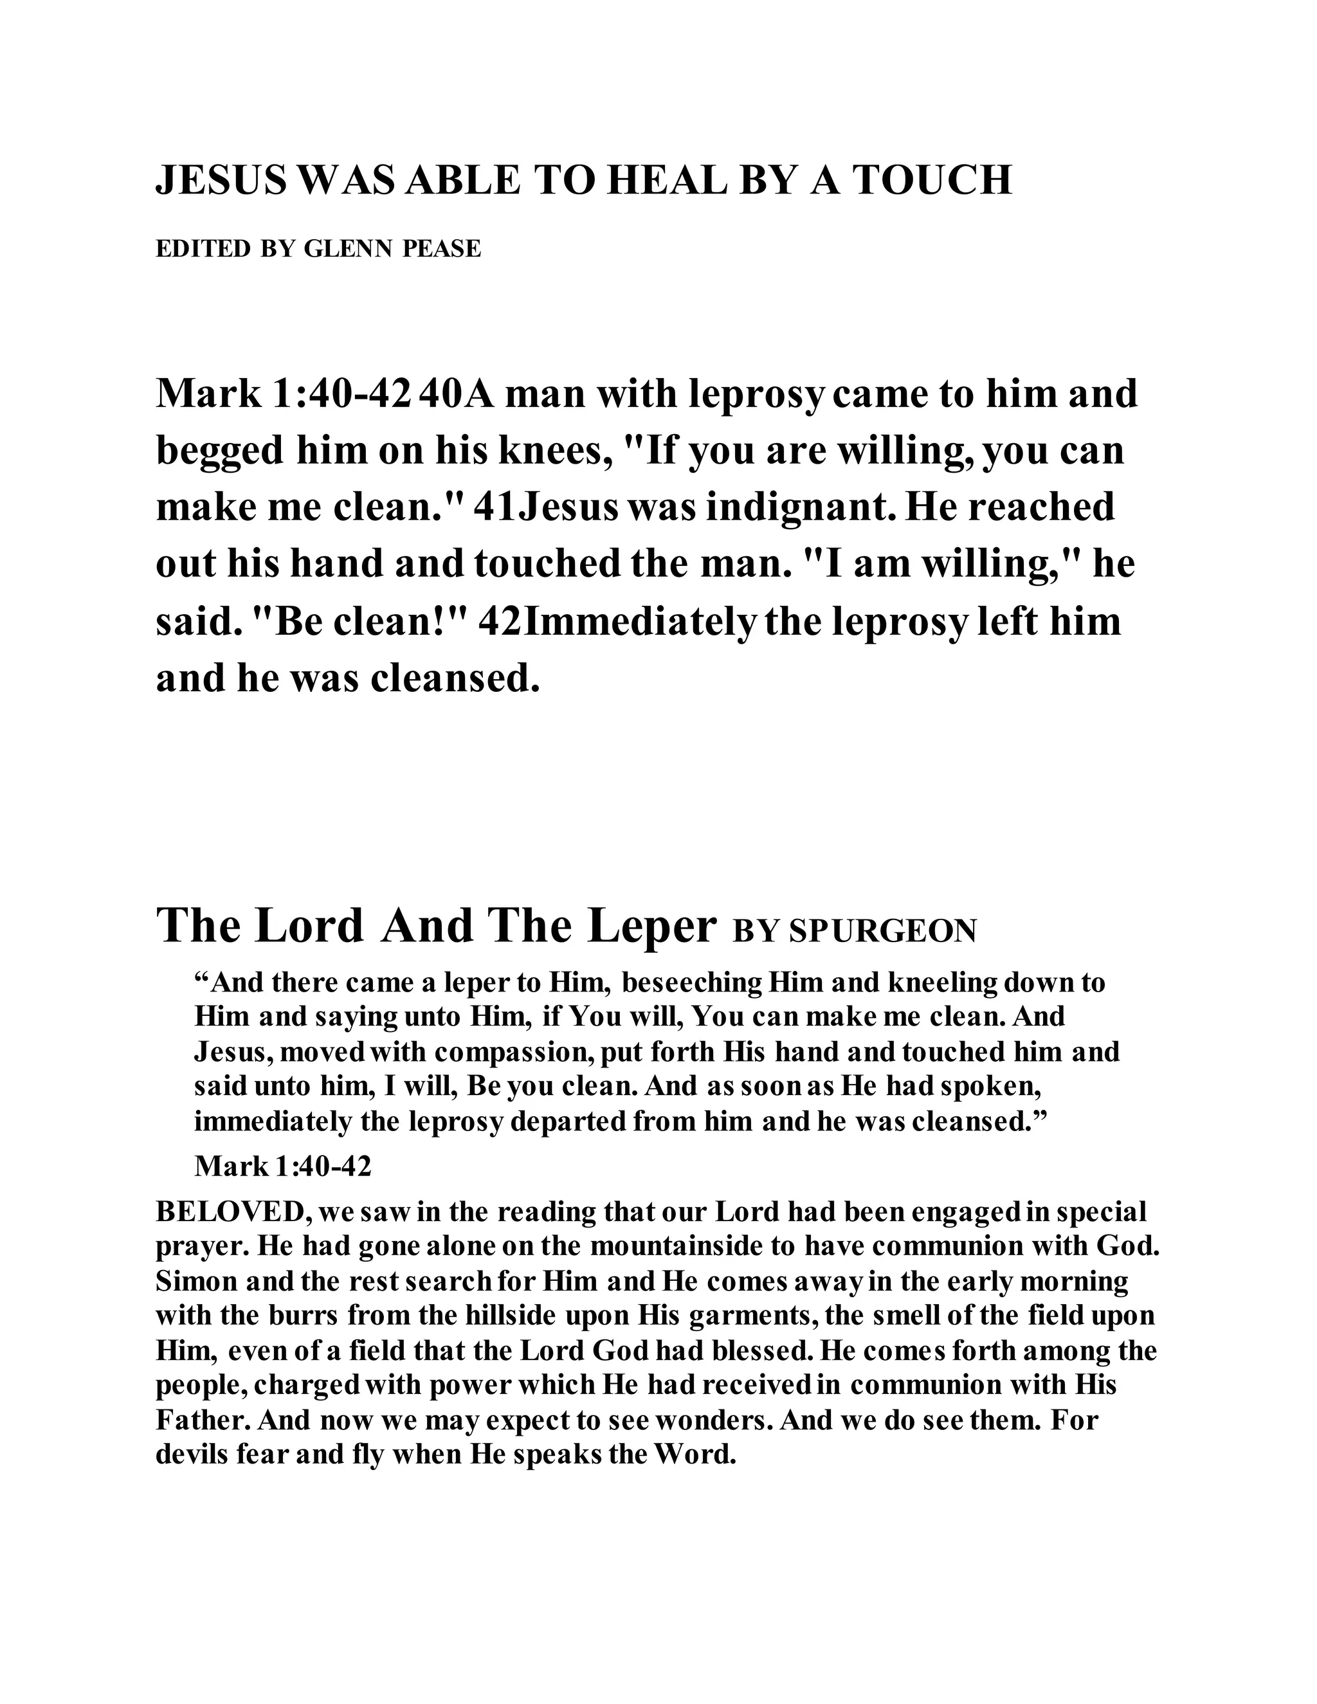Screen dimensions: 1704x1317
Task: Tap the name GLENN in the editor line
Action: click(x=347, y=249)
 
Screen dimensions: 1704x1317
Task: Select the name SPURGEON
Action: click(x=882, y=932)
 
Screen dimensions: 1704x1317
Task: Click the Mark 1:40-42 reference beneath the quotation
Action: click(x=282, y=1166)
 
